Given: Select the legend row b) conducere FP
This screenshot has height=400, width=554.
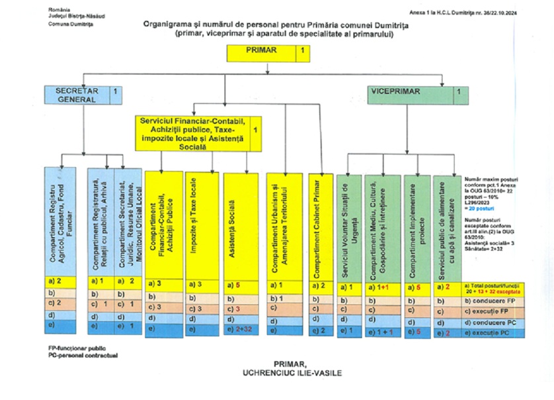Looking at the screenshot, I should [492, 299].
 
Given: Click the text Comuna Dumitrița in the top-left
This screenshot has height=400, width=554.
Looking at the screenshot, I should [69, 23].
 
